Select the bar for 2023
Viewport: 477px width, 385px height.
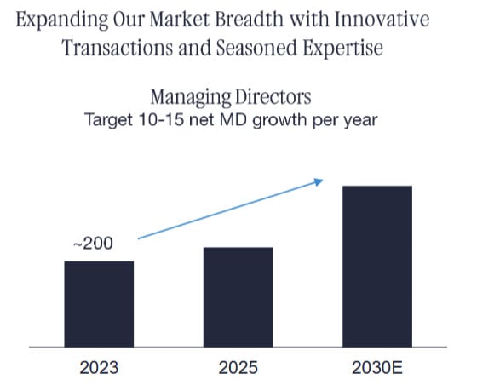[x=99, y=304]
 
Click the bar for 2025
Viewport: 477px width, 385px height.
[x=238, y=297]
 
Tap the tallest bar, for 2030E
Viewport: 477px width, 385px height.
[x=376, y=267]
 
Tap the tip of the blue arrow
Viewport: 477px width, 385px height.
[x=323, y=180]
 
